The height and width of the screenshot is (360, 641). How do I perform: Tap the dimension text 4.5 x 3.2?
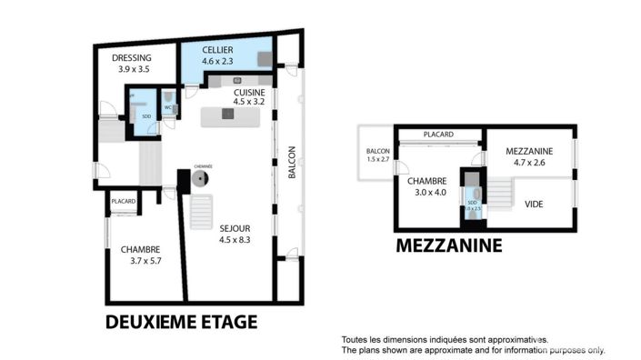[248, 103]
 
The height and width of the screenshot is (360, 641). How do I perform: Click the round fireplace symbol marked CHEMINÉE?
[199, 181]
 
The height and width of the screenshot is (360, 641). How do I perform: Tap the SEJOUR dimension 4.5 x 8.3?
[234, 240]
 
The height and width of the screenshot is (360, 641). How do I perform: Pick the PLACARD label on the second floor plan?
[124, 201]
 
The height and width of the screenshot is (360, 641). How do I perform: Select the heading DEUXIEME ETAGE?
[181, 322]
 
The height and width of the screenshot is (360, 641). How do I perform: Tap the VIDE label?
[535, 204]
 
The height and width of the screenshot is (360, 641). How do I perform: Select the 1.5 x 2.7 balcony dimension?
[377, 159]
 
